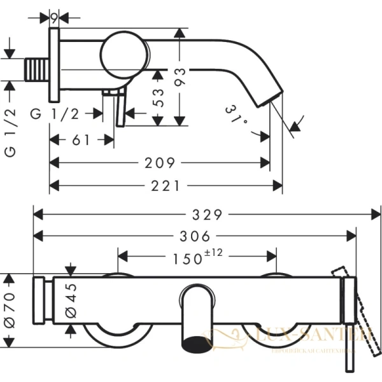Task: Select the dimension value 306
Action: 195,236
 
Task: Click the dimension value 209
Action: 160,163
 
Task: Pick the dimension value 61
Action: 81,141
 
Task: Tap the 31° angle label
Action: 236,115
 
